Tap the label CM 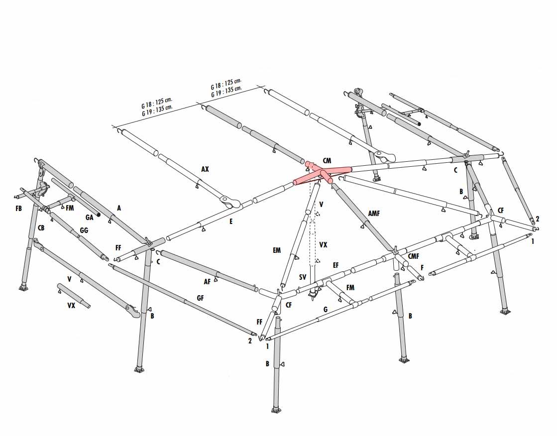[327, 161]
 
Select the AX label [205, 169]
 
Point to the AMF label [374, 213]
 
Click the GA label [89, 218]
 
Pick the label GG [84, 230]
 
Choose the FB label [18, 208]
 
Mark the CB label [41, 228]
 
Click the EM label [277, 250]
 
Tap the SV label [302, 277]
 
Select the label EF [335, 265]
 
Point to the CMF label [413, 256]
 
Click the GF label [200, 298]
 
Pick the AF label [207, 282]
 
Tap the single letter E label [231, 221]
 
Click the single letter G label [326, 310]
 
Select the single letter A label [119, 208]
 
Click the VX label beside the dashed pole [323, 245]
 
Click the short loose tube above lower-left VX [74, 296]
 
